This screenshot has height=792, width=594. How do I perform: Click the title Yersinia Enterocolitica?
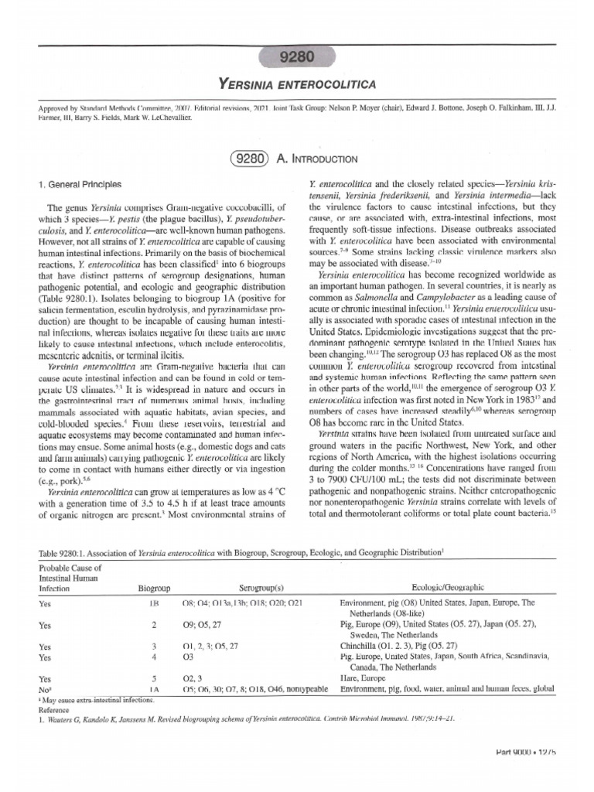coord(297,81)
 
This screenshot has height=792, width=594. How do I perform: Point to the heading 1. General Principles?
coord(80,185)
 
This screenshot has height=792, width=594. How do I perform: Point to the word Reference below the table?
coord(56,707)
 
